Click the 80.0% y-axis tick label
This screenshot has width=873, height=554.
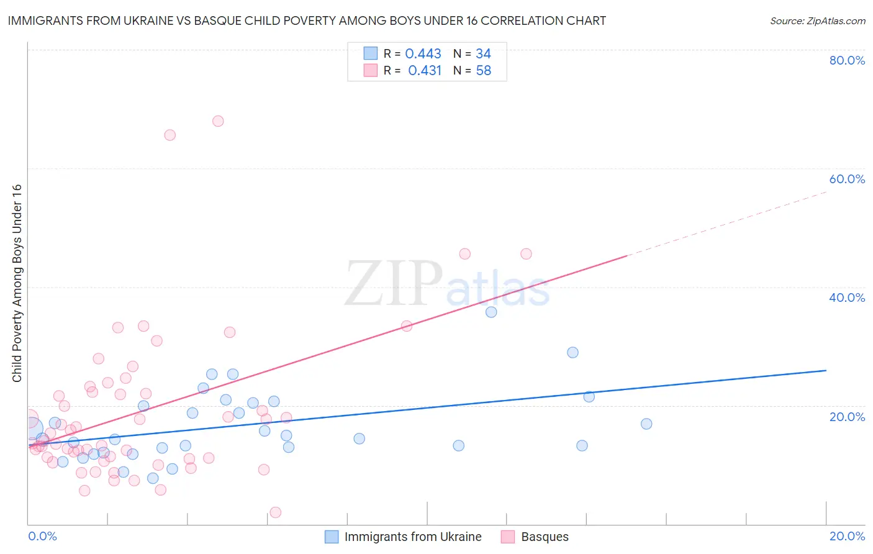(x=847, y=60)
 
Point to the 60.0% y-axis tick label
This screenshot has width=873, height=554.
(x=847, y=179)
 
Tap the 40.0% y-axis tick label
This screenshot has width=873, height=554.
(x=847, y=297)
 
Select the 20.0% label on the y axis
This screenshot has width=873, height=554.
(x=847, y=416)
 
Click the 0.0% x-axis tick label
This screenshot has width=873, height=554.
(x=42, y=536)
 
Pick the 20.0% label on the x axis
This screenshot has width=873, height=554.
(x=847, y=536)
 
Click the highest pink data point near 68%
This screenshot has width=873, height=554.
(x=218, y=121)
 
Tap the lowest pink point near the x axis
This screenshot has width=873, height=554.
(x=276, y=512)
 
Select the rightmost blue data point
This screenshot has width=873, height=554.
(x=646, y=424)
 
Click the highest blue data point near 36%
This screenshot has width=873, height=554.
(x=491, y=312)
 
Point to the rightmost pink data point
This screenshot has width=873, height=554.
(x=526, y=253)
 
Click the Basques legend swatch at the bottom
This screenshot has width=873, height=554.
(x=508, y=537)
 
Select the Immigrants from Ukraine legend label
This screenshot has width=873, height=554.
(x=413, y=537)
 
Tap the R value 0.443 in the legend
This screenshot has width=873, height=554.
(x=423, y=54)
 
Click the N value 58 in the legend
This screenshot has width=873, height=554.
(x=483, y=71)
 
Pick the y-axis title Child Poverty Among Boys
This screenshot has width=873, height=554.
(x=17, y=283)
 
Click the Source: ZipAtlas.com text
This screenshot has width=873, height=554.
(x=817, y=21)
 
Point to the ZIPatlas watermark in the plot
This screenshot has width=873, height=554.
(x=447, y=284)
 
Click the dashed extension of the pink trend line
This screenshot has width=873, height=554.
(x=726, y=224)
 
